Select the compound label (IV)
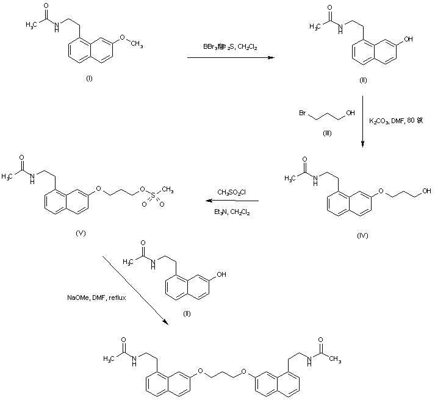click(x=362, y=234)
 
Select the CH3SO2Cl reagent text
click(x=232, y=193)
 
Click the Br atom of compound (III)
click(x=303, y=113)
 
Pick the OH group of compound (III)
click(x=349, y=113)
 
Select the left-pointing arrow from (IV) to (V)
click(x=231, y=202)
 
